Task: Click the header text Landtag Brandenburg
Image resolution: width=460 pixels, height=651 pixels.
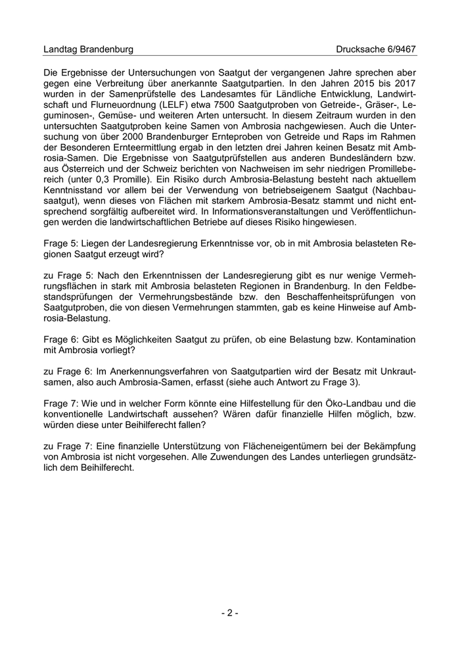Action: (x=88, y=49)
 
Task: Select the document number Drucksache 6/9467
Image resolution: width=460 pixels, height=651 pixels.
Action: (x=376, y=49)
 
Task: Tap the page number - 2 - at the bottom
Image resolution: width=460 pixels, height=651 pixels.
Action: (x=230, y=613)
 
